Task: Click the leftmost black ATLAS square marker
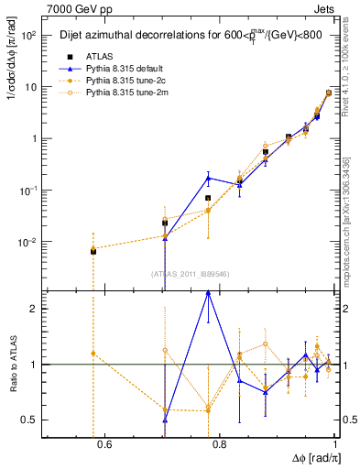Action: [93, 250]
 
